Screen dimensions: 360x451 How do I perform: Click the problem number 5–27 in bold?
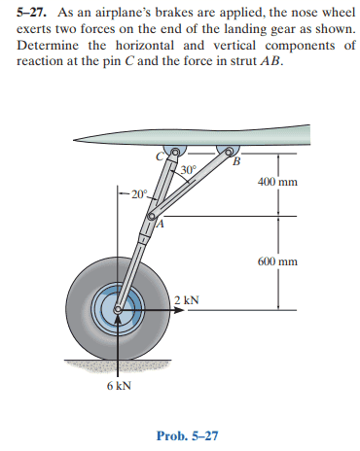31,13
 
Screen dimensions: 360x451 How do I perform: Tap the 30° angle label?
189,169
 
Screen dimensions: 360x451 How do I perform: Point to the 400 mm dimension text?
277,182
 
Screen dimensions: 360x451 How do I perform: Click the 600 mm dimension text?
277,261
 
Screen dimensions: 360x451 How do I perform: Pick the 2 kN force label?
187,299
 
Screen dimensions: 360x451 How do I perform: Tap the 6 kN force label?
119,386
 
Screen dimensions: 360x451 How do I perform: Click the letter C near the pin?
160,156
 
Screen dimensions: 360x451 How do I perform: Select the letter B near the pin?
237,160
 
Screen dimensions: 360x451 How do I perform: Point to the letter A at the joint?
161,224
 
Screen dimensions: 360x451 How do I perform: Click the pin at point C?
175,152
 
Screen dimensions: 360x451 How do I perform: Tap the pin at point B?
229,152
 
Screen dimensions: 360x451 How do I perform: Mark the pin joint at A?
151,216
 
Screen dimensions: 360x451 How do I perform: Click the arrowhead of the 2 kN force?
179,310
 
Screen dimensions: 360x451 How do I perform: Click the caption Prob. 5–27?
187,435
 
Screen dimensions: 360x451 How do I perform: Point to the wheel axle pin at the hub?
118,310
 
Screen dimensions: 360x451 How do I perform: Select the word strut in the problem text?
243,61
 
